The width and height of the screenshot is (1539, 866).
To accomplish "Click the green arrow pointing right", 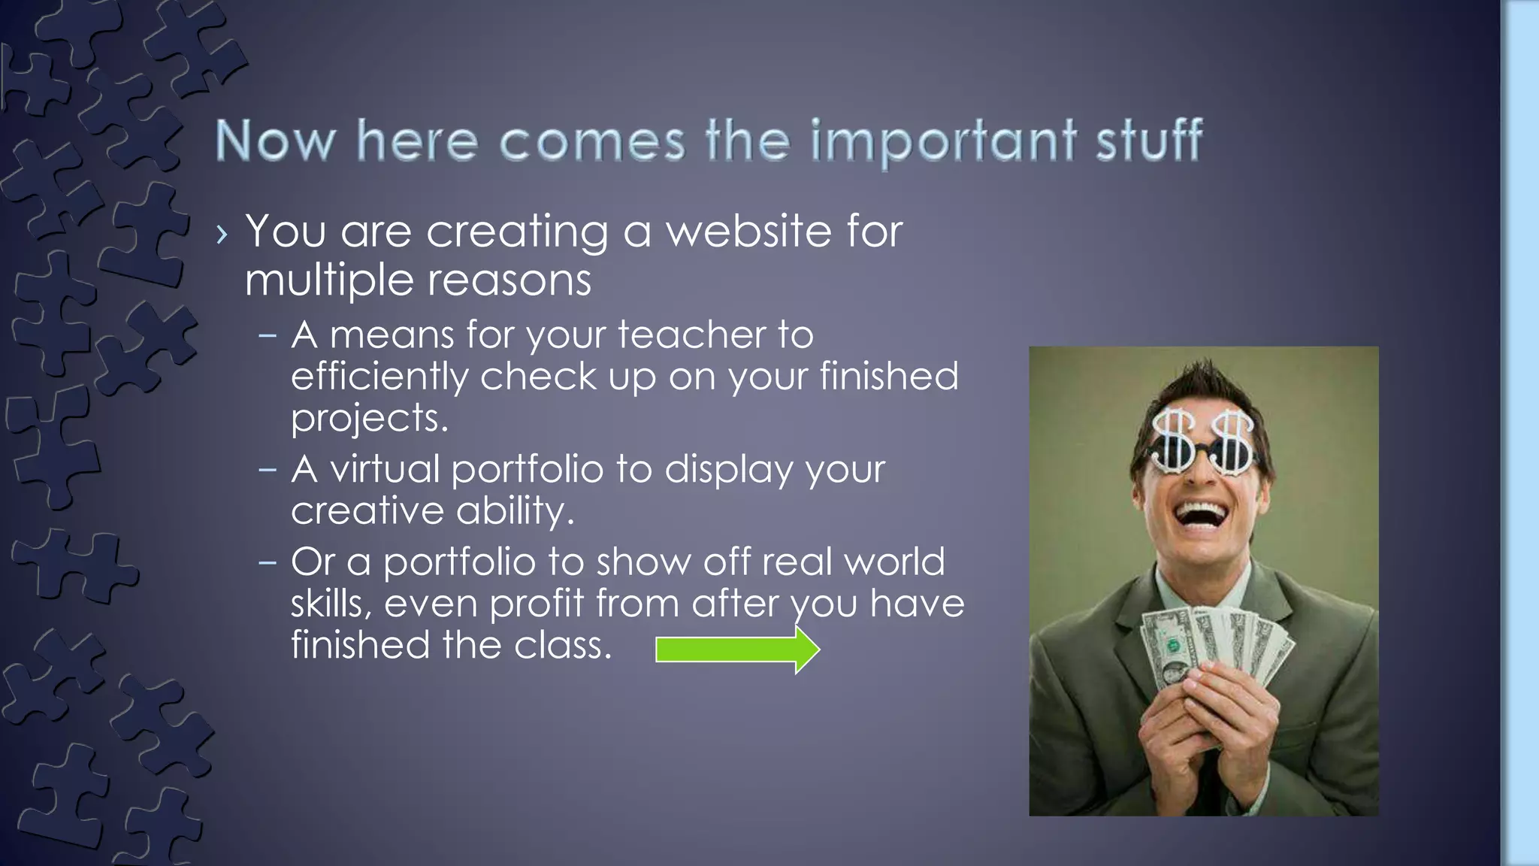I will click(x=737, y=649).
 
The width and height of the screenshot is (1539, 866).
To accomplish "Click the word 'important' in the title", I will click(x=944, y=141).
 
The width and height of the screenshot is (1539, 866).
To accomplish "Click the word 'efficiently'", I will click(x=379, y=377).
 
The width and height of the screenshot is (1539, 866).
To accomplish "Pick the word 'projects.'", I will click(x=369, y=419).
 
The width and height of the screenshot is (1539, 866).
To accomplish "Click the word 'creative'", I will click(x=367, y=511).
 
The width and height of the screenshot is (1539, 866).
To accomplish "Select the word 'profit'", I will click(x=537, y=604).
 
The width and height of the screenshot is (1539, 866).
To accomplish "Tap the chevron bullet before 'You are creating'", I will click(x=220, y=235).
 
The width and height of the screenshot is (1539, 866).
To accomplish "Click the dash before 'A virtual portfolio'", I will click(x=268, y=470).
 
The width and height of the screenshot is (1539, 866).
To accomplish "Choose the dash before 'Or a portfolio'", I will click(x=268, y=562).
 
